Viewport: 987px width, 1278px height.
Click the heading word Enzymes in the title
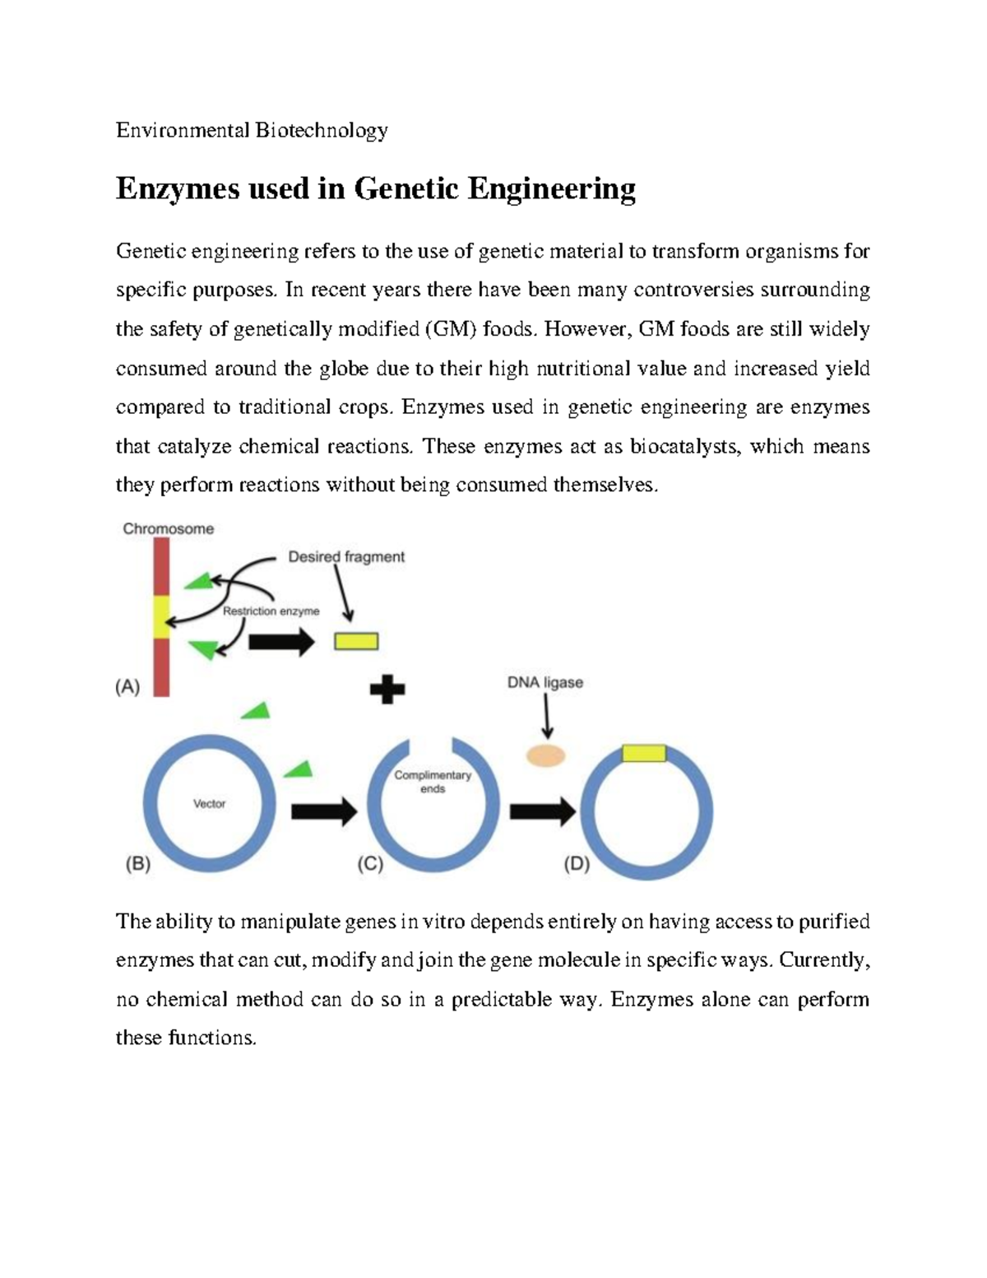coord(176,189)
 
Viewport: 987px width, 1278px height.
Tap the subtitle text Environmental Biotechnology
coord(252,130)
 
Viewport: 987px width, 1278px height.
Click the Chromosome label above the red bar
coord(168,529)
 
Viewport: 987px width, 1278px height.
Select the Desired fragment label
coord(345,557)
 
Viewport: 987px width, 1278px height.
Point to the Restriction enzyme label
coord(271,611)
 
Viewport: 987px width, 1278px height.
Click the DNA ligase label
coord(544,682)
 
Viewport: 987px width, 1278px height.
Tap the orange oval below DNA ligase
coord(545,756)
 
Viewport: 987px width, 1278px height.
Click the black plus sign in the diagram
coord(387,690)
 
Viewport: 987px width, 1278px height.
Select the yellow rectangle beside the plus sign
coord(356,641)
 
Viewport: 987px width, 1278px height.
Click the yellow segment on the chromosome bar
coord(161,616)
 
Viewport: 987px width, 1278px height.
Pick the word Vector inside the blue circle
coord(209,804)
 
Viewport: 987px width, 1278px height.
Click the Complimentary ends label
coord(432,782)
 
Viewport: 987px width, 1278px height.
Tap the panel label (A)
coord(127,687)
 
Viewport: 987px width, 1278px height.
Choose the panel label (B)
coord(137,864)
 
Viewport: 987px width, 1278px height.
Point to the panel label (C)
coord(370,864)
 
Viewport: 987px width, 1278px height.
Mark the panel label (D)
coord(577,864)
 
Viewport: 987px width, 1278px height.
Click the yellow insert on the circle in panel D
coord(644,753)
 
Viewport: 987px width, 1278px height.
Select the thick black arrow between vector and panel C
coord(324,811)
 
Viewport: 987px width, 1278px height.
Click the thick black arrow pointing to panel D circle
coord(542,811)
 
